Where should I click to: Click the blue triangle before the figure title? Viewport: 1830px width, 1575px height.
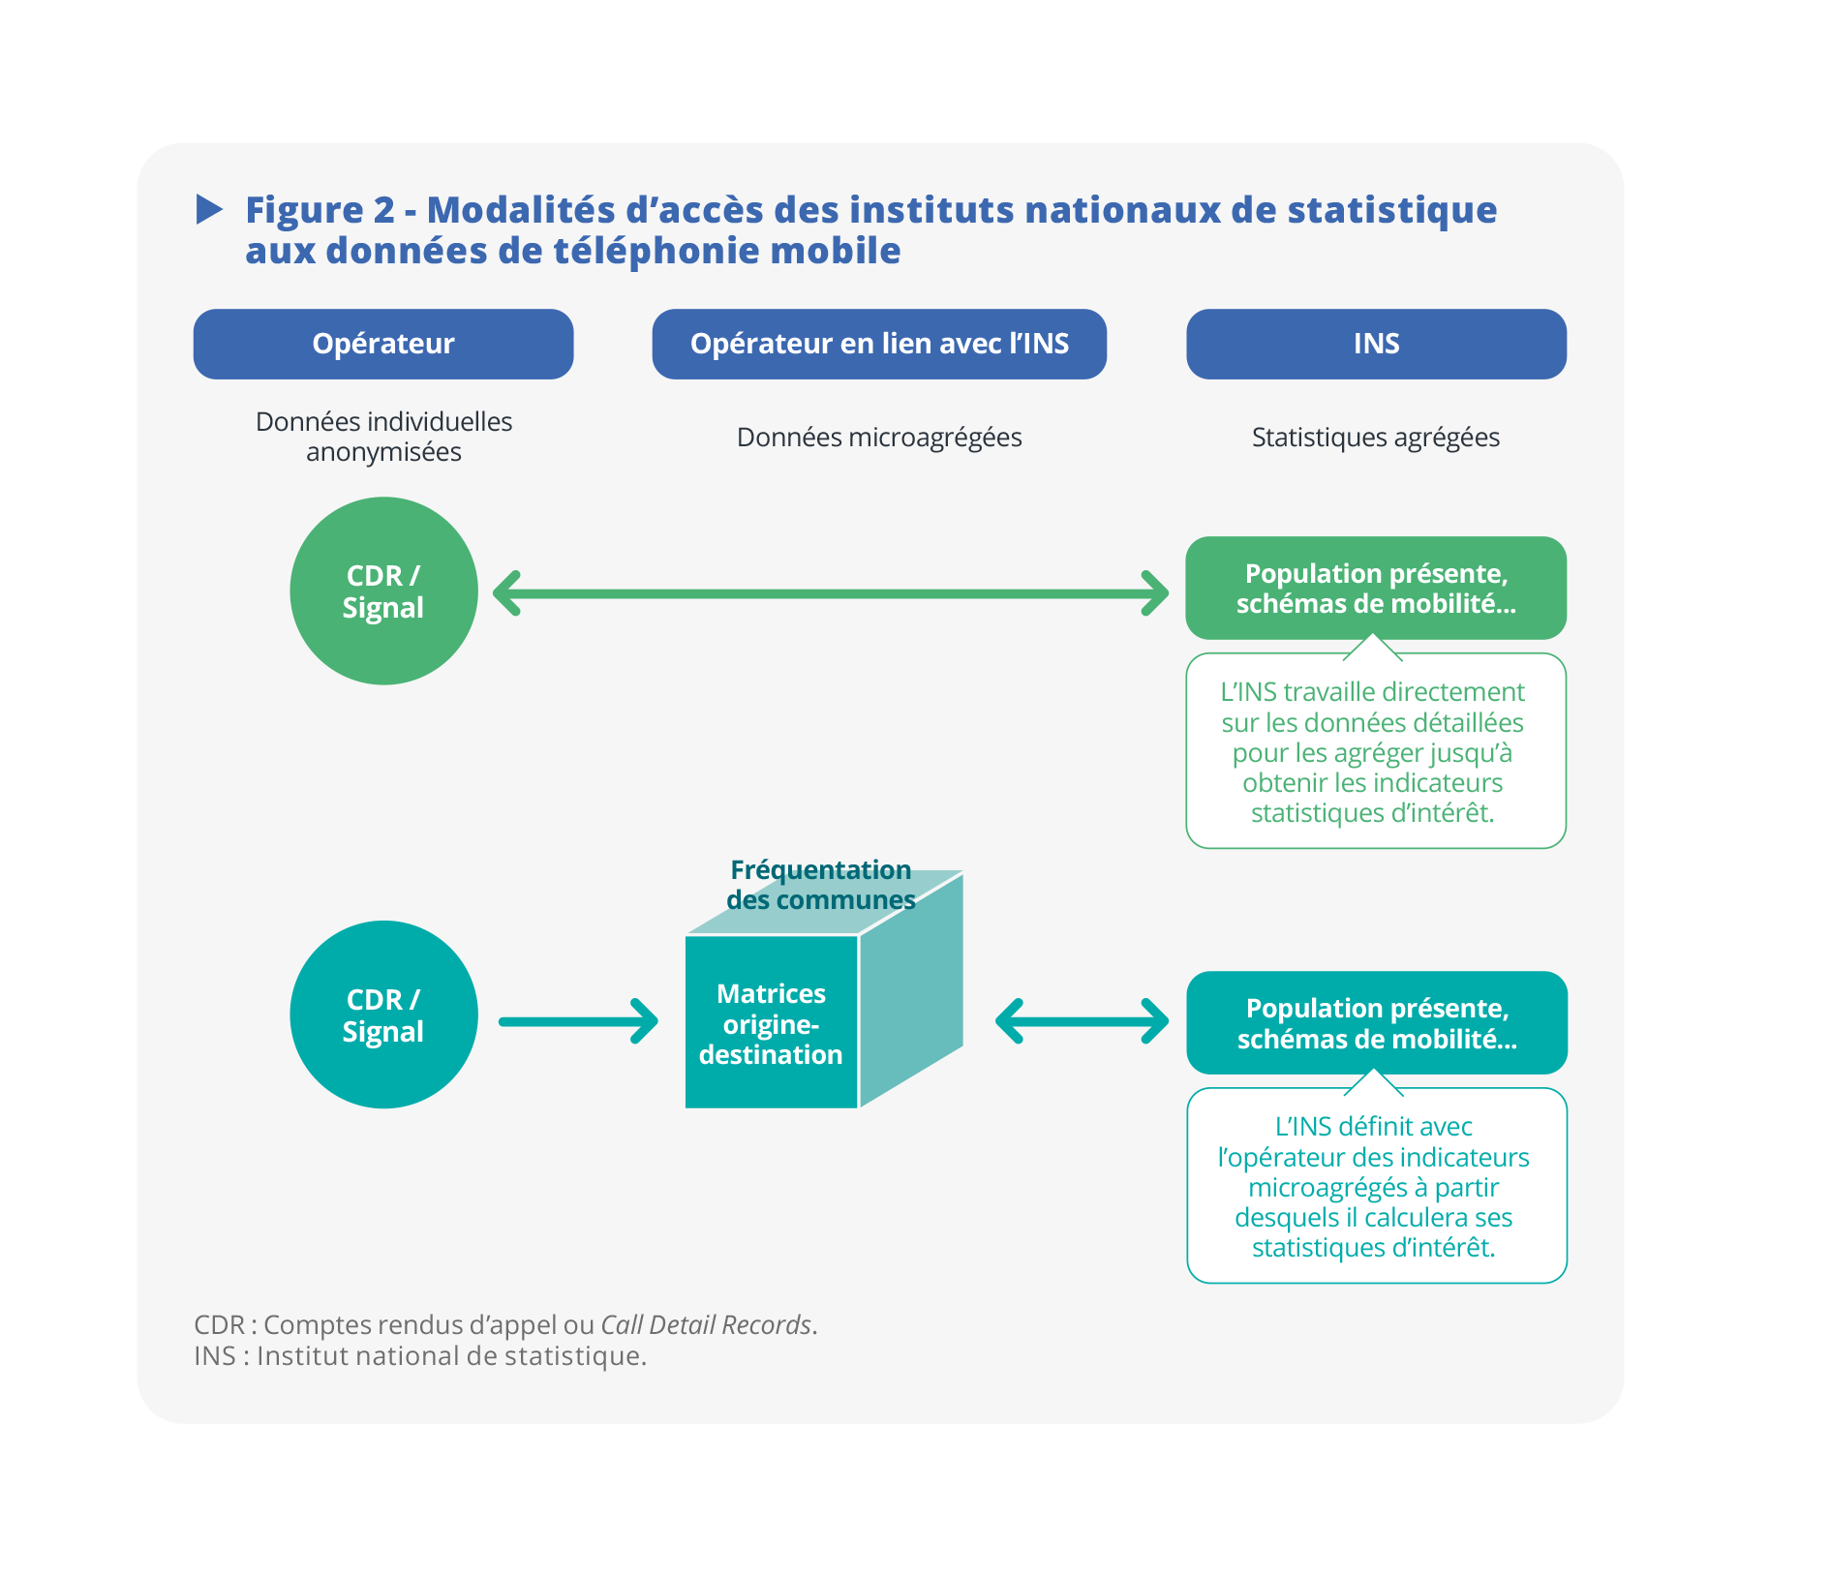(209, 209)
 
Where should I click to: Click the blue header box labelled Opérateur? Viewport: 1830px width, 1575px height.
(383, 344)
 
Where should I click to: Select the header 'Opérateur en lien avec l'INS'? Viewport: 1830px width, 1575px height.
(879, 344)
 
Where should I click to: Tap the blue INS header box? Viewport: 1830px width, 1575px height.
(1376, 344)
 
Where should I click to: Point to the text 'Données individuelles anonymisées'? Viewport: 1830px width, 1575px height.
(383, 437)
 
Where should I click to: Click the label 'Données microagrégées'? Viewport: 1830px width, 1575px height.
(879, 438)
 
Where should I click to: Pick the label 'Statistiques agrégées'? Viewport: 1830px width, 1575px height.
(1375, 438)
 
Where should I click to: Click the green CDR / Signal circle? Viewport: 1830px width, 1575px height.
(383, 591)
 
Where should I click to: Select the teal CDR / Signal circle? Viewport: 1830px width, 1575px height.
(383, 1015)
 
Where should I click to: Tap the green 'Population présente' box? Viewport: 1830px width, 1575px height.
(1376, 588)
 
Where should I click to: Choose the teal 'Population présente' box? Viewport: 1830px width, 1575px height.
(1377, 1023)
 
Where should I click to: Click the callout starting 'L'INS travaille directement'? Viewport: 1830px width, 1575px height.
(1375, 752)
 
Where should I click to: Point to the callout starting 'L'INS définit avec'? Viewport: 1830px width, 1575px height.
(1376, 1187)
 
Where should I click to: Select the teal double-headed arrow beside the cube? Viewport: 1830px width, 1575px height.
(1082, 1021)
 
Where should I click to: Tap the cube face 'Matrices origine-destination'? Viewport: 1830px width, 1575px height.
(771, 1023)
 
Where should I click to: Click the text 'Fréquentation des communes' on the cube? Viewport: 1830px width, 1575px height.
(820, 885)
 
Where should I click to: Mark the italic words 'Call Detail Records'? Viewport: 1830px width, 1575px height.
(706, 1324)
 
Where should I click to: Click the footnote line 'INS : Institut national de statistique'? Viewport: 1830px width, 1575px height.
(420, 1356)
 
